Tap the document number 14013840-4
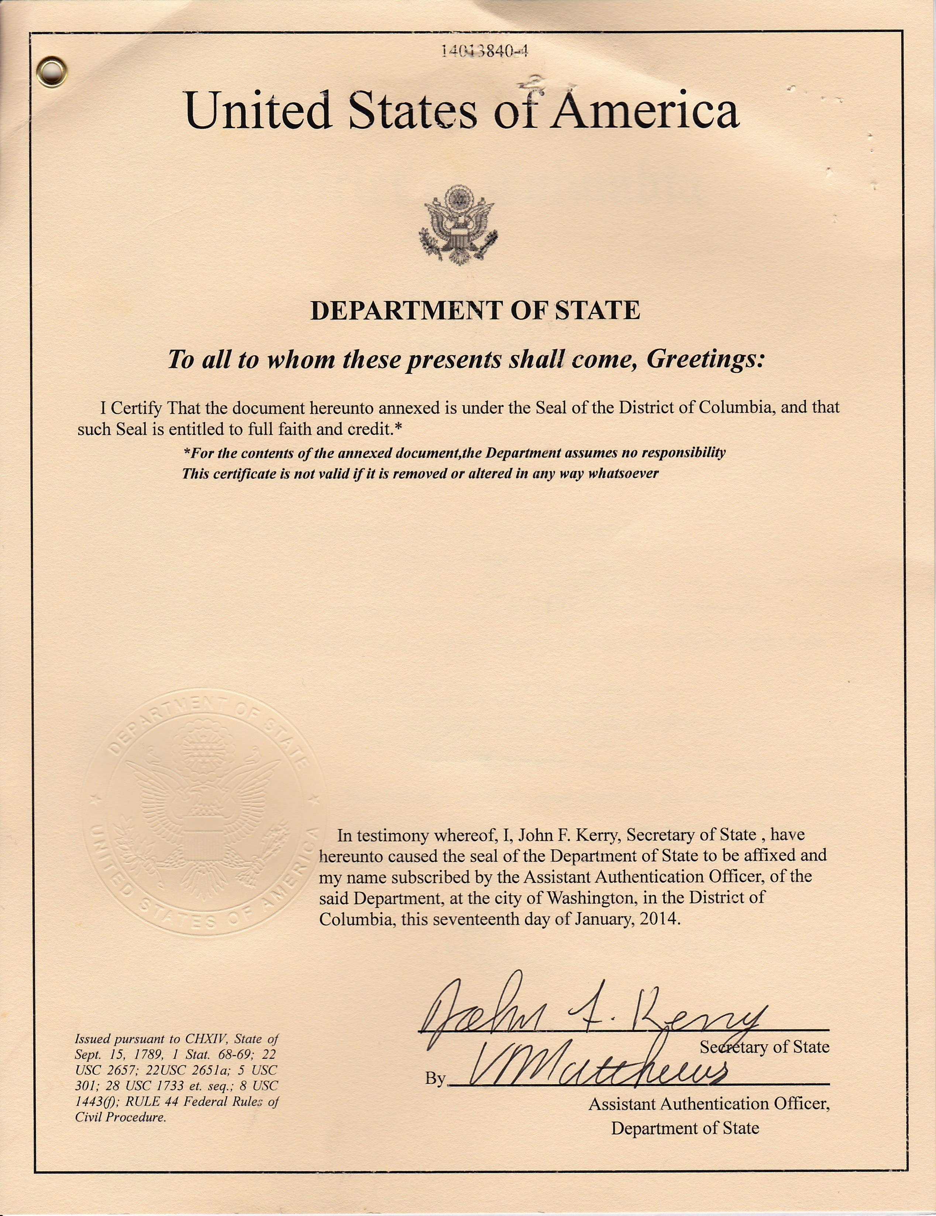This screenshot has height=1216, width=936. point(484,52)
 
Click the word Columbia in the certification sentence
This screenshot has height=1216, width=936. point(737,407)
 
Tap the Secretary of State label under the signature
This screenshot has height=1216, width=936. point(764,1047)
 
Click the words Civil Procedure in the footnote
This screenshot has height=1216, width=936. point(120,1117)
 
